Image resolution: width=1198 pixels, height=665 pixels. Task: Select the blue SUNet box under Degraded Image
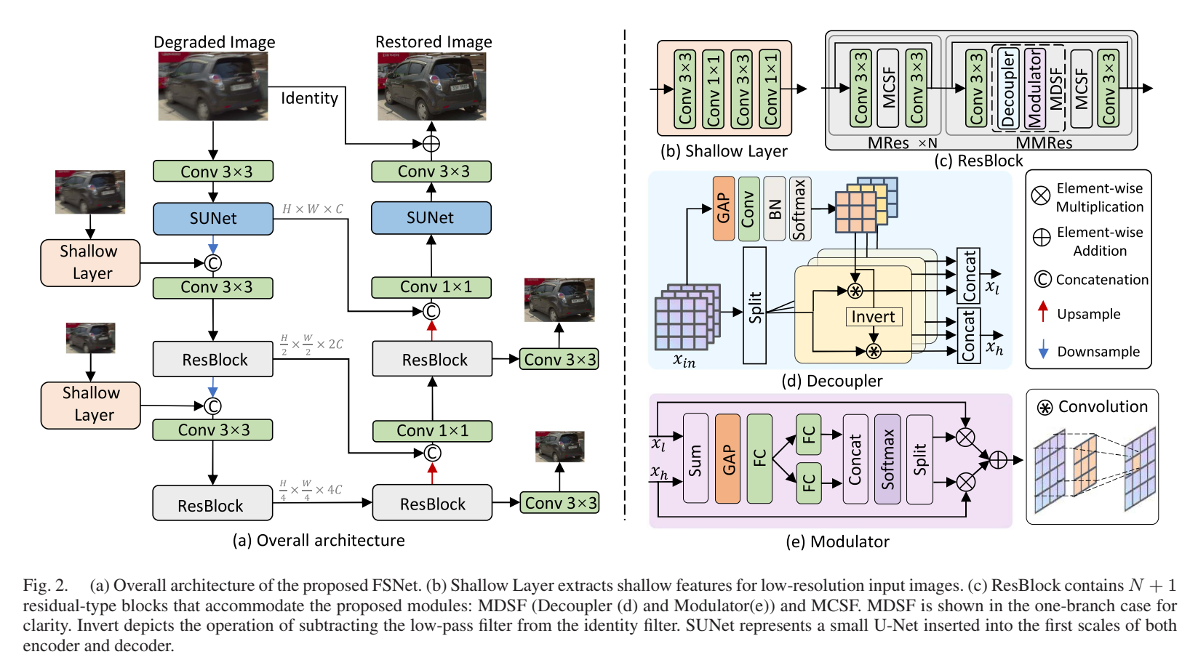pyautogui.click(x=213, y=219)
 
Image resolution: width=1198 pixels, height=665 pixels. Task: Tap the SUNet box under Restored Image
pyautogui.click(x=431, y=218)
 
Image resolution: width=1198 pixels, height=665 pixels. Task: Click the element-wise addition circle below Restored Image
pyautogui.click(x=431, y=143)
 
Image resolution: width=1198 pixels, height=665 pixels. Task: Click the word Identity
pyautogui.click(x=309, y=98)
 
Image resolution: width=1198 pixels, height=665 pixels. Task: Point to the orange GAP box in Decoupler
pyautogui.click(x=724, y=208)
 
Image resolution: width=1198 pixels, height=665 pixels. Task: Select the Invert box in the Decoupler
pyautogui.click(x=873, y=317)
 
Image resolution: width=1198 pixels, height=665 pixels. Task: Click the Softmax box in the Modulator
pyautogui.click(x=887, y=459)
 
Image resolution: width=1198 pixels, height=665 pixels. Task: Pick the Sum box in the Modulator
pyautogui.click(x=695, y=459)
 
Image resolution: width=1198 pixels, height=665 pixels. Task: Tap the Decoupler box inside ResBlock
pyautogui.click(x=1007, y=89)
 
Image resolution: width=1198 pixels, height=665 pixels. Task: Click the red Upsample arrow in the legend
pyautogui.click(x=1043, y=312)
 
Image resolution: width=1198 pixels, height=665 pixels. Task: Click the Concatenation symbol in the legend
pyautogui.click(x=1042, y=279)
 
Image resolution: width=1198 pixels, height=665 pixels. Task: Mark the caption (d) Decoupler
pyautogui.click(x=831, y=381)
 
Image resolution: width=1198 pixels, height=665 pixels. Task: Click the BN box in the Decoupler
pyautogui.click(x=775, y=209)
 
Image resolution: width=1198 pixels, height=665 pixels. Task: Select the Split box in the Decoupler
pyautogui.click(x=754, y=306)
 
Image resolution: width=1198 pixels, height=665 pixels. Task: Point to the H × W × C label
pyautogui.click(x=312, y=209)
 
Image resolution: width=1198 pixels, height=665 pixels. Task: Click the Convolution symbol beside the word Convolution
pyautogui.click(x=1045, y=408)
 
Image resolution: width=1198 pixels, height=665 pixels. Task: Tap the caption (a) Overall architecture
pyautogui.click(x=318, y=541)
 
